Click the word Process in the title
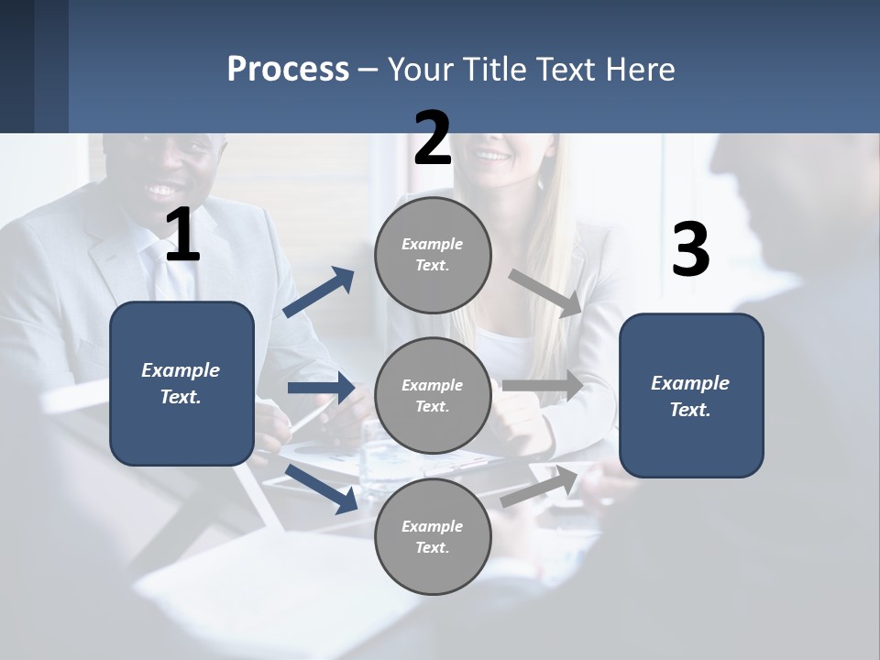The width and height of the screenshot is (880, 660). pos(288,70)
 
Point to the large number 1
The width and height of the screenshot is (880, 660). pos(182,236)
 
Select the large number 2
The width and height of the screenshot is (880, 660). pos(433,138)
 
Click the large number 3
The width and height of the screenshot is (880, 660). pos(690,250)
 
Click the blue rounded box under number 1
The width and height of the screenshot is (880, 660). pos(181,383)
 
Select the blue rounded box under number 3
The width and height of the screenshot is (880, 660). pos(691,395)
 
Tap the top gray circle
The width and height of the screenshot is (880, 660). pos(433,255)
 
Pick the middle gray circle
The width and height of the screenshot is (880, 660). pos(433,395)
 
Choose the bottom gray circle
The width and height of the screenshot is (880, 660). pos(433,536)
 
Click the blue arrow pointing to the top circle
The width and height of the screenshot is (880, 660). pos(319,292)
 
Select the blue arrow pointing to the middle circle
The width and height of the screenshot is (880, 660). pos(321,388)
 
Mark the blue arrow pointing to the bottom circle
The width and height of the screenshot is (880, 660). pos(322,488)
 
